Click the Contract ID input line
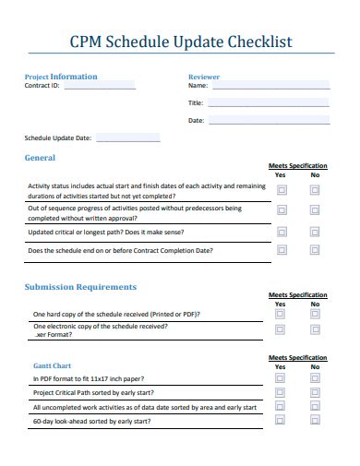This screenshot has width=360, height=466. click(x=98, y=85)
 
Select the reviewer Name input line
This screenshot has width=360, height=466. click(x=268, y=85)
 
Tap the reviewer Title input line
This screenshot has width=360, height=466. click(x=268, y=102)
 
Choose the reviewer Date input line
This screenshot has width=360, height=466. click(x=268, y=120)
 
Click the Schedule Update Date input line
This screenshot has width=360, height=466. click(x=127, y=138)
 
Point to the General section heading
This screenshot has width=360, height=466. click(x=40, y=158)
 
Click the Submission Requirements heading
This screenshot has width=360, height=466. click(x=80, y=287)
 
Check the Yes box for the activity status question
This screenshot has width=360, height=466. click(x=281, y=190)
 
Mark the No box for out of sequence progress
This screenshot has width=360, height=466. click(x=315, y=213)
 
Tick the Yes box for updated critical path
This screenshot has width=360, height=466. click(x=281, y=233)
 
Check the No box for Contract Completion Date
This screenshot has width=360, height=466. click(x=315, y=250)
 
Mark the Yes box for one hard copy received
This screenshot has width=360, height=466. click(x=281, y=314)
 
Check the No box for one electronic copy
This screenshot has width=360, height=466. click(x=315, y=330)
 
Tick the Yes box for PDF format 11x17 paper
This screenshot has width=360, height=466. click(x=281, y=378)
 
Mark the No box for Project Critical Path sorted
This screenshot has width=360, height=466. click(x=315, y=392)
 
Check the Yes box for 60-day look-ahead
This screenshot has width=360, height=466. click(x=281, y=421)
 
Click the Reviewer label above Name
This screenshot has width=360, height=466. click(x=204, y=77)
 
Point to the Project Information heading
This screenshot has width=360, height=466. click(x=61, y=77)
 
